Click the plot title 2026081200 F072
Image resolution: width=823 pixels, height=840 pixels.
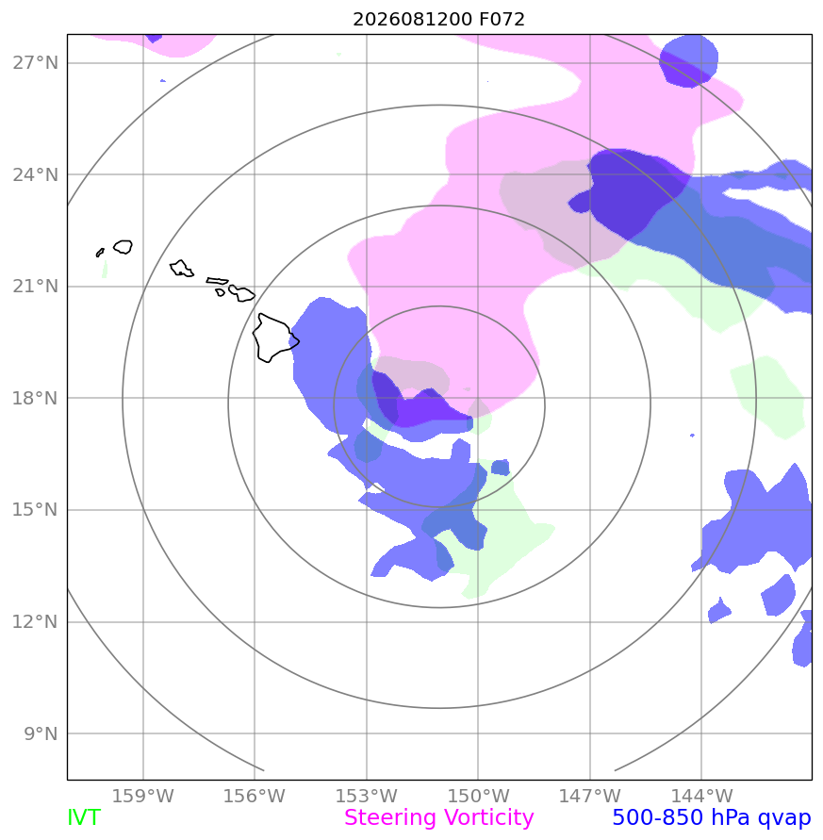click(x=438, y=19)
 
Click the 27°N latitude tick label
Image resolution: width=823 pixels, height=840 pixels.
click(x=36, y=63)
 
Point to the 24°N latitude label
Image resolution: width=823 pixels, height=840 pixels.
click(x=36, y=174)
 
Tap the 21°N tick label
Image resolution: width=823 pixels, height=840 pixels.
click(x=36, y=287)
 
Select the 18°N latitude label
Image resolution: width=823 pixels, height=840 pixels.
click(x=36, y=398)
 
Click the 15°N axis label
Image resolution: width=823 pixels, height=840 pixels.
click(x=36, y=509)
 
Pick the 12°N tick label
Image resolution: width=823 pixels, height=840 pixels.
click(x=36, y=621)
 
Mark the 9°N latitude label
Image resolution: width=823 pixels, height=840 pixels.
click(x=41, y=733)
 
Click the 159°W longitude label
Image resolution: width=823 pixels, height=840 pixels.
click(x=143, y=796)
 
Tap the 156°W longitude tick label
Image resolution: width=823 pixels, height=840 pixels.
click(x=255, y=796)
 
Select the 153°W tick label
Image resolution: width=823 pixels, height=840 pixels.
click(x=367, y=796)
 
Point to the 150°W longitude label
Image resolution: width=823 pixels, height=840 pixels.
click(x=478, y=796)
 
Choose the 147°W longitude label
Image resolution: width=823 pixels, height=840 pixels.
click(x=590, y=796)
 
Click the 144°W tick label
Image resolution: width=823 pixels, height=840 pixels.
click(x=701, y=796)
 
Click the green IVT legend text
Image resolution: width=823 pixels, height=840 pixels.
click(x=84, y=818)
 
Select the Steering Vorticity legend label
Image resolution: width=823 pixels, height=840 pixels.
click(x=438, y=818)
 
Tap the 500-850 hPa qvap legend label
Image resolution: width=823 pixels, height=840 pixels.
click(x=712, y=818)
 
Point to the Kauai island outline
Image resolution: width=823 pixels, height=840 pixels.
click(x=123, y=246)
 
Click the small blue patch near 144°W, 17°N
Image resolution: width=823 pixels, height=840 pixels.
click(x=692, y=435)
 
